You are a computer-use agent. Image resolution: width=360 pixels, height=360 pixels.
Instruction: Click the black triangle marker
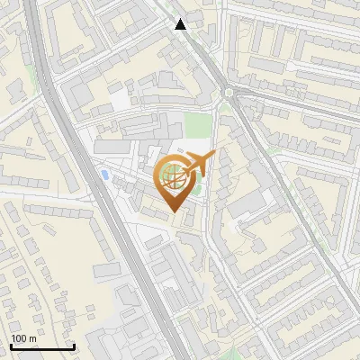pos(181,24)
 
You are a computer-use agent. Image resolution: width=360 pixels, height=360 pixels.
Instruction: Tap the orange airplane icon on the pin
pos(199,164)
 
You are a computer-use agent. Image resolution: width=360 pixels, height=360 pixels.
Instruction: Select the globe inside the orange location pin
pos(173,176)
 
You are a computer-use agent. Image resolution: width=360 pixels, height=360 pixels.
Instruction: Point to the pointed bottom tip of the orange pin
pos(173,212)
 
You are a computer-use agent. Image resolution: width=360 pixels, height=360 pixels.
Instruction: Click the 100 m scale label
pos(23,338)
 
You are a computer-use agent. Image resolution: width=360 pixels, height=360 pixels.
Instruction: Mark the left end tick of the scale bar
pos(11,346)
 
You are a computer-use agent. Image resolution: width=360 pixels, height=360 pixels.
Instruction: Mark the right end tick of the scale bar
pos(74,346)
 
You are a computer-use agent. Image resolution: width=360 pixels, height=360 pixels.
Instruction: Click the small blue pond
pos(105,173)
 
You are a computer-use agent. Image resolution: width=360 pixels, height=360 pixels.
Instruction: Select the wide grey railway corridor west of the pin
pos(94,180)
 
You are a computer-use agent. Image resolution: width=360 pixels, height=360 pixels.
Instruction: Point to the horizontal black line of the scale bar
pos(42,347)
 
